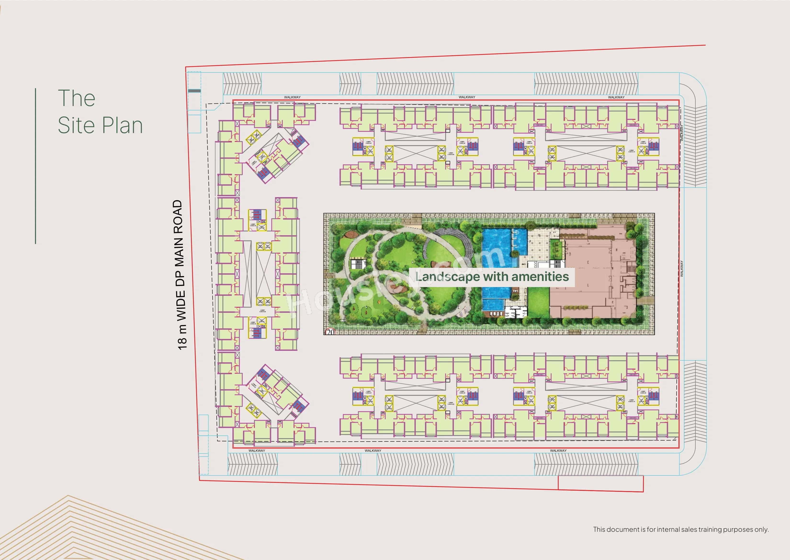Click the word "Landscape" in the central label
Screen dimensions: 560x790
click(447, 277)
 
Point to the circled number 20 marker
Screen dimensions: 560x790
click(330, 332)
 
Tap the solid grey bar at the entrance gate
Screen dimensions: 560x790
click(194, 91)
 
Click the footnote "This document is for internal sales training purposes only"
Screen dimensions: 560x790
click(681, 529)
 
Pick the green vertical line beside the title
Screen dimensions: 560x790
click(35, 166)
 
